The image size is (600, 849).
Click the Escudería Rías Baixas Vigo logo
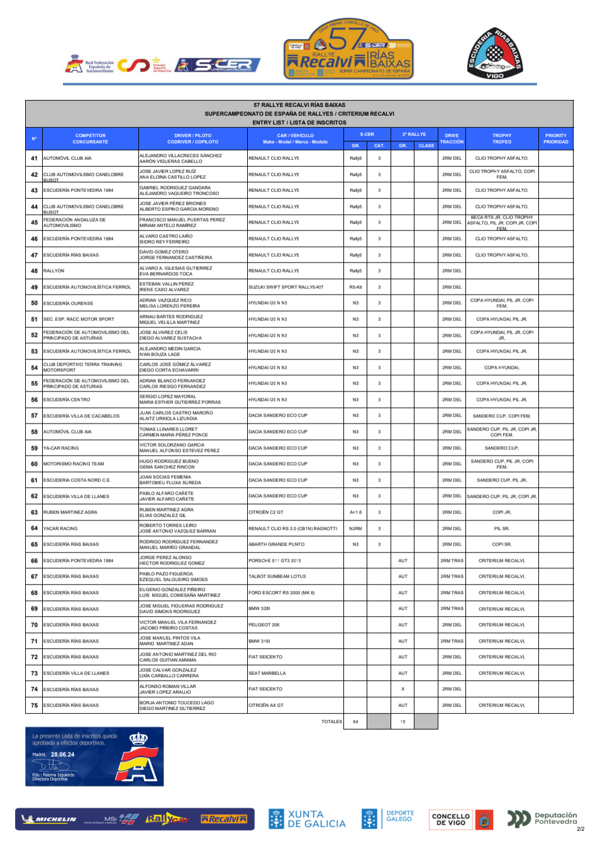coord(495,53)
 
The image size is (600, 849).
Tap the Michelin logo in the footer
coord(49,819)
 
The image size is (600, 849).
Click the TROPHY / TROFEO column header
coord(501,138)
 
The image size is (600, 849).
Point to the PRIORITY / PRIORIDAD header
coord(555,138)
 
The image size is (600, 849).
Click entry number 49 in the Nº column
coord(34,287)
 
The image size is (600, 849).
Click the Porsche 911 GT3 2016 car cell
coord(275,561)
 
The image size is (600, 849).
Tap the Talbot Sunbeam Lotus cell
coord(277,576)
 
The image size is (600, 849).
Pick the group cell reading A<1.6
coord(355,512)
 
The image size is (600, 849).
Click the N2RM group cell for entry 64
coord(355,529)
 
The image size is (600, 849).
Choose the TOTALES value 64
coord(355,722)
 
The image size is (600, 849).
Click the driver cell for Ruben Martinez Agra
coord(167,510)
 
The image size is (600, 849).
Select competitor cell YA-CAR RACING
coord(61,448)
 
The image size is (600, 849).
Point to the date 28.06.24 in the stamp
coord(62,754)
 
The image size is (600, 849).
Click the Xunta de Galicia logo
coord(307,819)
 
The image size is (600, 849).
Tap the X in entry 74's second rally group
coord(403,689)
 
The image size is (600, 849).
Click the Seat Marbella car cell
coord(267,673)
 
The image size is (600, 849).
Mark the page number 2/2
coord(580,829)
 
